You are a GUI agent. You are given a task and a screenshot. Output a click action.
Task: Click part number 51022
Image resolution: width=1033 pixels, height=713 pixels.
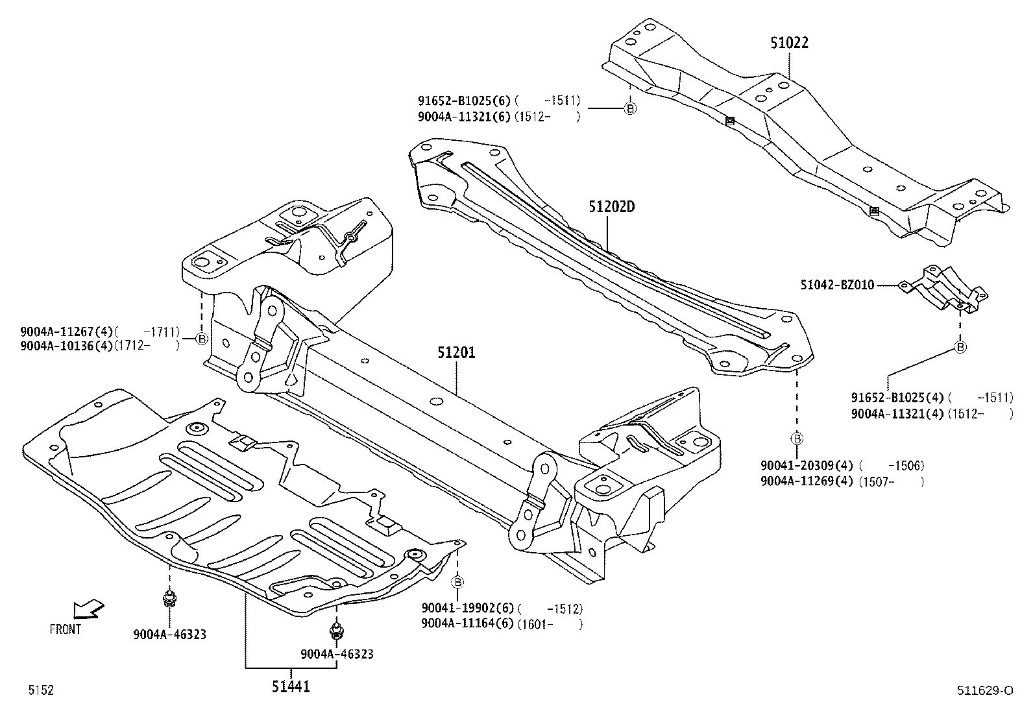[x=789, y=43]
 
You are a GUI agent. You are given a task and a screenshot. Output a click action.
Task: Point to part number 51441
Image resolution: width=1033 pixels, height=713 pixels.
[x=290, y=686]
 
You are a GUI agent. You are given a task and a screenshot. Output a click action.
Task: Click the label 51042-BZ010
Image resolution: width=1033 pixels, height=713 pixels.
[x=837, y=285]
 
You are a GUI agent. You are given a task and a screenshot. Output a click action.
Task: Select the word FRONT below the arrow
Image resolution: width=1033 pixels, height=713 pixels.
[x=66, y=629]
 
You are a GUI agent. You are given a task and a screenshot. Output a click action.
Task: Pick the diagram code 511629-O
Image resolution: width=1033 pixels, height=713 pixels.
[x=984, y=690]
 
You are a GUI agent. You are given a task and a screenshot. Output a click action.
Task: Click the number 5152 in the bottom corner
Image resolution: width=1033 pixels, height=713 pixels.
[x=40, y=690]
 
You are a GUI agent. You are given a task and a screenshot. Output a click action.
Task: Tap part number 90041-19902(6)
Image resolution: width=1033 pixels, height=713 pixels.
[x=467, y=609]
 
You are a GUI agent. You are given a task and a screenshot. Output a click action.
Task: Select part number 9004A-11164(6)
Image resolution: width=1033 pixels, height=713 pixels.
[x=467, y=624]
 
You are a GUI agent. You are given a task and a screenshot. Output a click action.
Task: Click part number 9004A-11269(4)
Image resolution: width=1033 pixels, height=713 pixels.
[x=807, y=481]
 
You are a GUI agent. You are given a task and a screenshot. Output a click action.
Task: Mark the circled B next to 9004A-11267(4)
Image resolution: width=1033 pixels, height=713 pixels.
[x=202, y=339]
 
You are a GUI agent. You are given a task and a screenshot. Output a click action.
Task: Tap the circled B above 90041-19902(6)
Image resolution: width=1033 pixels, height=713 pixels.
[x=457, y=581]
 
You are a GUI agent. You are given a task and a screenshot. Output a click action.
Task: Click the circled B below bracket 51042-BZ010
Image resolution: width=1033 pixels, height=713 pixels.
[x=961, y=347]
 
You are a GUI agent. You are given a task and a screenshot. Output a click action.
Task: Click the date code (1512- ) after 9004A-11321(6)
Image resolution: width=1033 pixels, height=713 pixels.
[x=546, y=117]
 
